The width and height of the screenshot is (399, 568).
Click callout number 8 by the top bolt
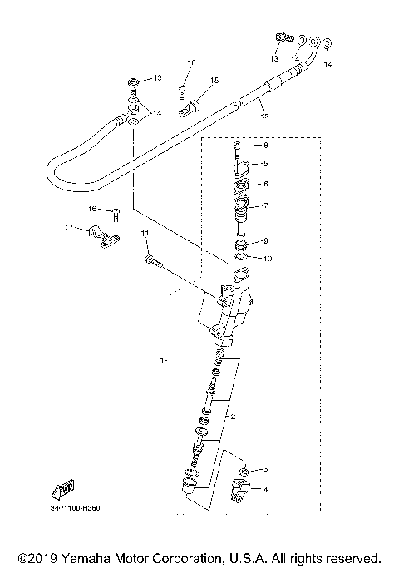tap(265, 146)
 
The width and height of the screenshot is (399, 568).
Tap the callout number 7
tap(265, 205)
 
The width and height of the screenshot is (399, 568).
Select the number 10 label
tap(267, 259)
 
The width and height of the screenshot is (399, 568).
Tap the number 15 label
tap(214, 81)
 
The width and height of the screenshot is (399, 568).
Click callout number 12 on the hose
tap(264, 117)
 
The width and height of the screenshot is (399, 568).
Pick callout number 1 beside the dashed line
tap(160, 361)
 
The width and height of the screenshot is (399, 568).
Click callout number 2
tap(234, 416)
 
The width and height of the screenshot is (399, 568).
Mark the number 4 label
tap(266, 491)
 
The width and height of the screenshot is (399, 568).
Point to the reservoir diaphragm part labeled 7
tap(242, 209)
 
